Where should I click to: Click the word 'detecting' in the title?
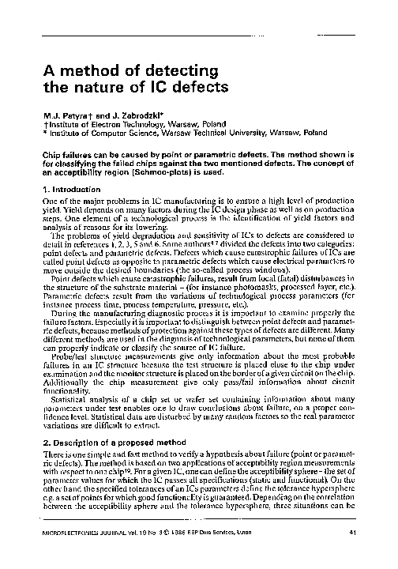pyautogui.click(x=179, y=68)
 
